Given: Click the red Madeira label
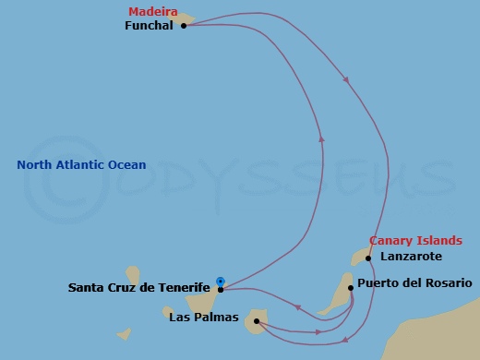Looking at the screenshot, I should tap(152, 11).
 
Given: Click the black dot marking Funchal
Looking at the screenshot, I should tap(184, 26).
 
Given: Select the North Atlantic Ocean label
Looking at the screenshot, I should tap(81, 165).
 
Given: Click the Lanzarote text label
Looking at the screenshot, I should tap(411, 256).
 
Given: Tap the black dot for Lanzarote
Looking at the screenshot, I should tap(367, 258).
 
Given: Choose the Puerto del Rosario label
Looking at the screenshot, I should tap(414, 282).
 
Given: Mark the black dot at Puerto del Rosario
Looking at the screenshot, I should tap(351, 288).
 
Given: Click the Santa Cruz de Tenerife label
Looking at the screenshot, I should tap(139, 288).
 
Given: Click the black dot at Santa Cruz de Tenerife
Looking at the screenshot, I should tap(220, 289).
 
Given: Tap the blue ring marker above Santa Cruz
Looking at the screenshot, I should tap(220, 281).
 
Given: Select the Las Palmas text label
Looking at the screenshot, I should tap(204, 318).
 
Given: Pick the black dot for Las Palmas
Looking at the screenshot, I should tap(256, 321).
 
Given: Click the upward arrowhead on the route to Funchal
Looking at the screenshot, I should tap(321, 138).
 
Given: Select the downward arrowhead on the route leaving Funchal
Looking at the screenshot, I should tap(346, 80).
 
